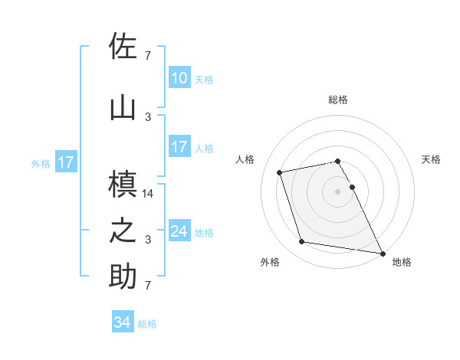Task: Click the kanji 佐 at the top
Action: pos(123,46)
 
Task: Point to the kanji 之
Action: pos(123,231)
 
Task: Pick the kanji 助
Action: pos(123,277)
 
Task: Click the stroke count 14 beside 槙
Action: pos(149,195)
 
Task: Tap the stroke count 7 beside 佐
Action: pos(148,56)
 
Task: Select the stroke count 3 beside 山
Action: pos(148,117)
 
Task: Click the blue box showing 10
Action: pos(179,78)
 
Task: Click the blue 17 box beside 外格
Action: pos(65,162)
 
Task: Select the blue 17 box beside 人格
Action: pos(179,147)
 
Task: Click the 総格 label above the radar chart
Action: pos(338,100)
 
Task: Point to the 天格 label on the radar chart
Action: pos(431,159)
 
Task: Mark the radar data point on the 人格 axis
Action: pos(280,172)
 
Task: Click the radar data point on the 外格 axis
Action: pos(302,242)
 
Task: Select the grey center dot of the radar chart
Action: pos(338,191)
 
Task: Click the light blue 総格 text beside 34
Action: pos(147,324)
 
